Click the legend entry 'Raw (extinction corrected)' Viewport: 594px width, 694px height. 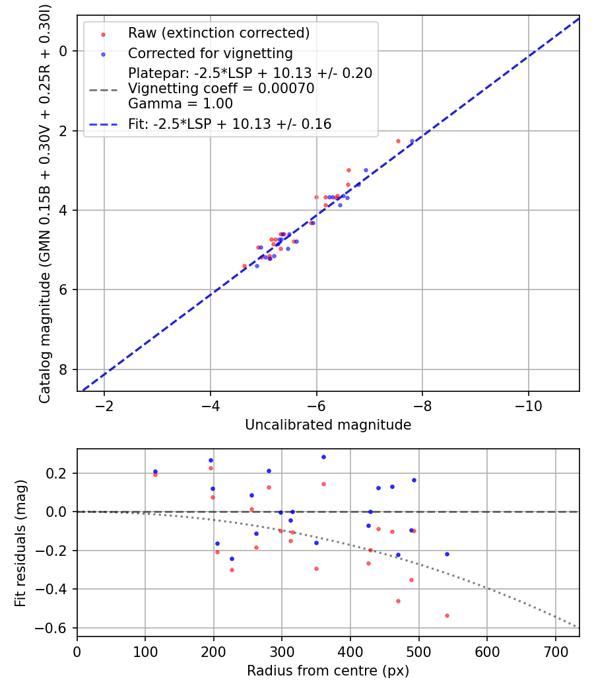218,33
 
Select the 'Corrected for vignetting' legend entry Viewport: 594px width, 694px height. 210,53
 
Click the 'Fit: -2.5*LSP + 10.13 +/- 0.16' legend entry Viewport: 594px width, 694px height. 230,124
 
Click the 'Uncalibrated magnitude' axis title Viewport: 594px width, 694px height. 328,425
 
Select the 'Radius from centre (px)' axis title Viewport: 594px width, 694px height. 328,671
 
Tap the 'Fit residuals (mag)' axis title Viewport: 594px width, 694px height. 20,543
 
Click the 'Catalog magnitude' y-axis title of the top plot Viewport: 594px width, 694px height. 45,202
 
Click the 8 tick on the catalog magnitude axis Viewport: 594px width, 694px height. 64,369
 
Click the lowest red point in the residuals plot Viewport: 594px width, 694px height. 447,615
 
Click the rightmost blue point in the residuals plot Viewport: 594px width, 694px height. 447,554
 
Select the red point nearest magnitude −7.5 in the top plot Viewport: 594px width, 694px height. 398,141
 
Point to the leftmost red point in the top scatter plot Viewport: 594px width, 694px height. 244,266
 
